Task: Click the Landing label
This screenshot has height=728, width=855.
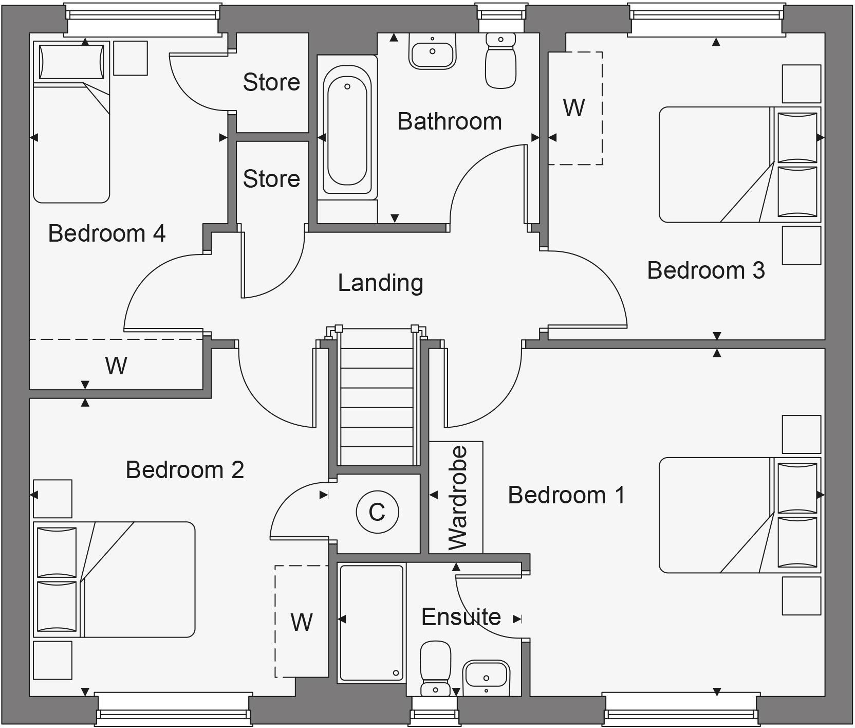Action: pos(380,283)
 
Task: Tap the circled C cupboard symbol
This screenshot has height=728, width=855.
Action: pos(377,512)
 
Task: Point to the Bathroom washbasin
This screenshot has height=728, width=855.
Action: pos(432,51)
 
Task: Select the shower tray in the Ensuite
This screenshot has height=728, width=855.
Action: pos(371,622)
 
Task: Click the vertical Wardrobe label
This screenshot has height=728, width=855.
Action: pos(457,498)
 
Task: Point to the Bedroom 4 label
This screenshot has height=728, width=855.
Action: pos(106,233)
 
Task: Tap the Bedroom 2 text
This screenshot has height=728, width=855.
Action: pos(184,469)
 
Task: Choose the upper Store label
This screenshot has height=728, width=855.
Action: pos(271,82)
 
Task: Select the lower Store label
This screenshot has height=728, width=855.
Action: pos(271,179)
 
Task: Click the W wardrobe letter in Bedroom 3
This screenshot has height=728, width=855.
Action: pos(573,108)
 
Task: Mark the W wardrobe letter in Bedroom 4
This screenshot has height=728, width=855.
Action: pos(116,366)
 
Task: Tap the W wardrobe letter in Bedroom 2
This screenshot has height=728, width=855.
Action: pos(301,622)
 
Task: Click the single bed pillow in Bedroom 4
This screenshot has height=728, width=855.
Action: pos(71,62)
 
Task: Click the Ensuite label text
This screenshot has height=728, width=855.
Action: pos(461,616)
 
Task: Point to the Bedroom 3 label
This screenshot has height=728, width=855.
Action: pos(705,270)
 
